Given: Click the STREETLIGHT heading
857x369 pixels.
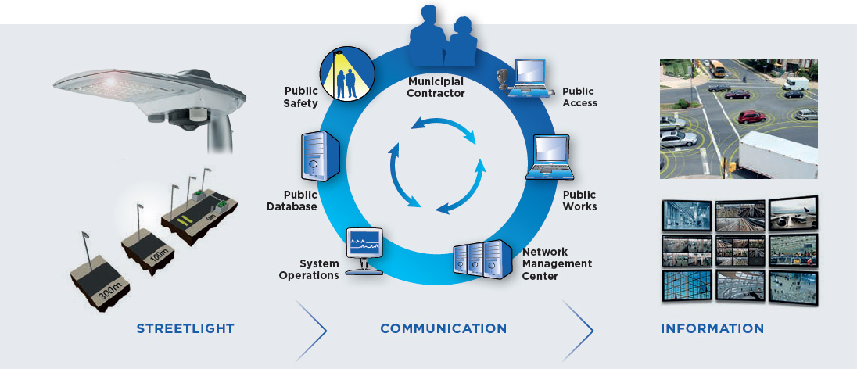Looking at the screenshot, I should click(185, 328).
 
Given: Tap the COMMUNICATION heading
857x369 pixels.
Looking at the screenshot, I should click(443, 328).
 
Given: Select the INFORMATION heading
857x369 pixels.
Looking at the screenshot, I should click(712, 328).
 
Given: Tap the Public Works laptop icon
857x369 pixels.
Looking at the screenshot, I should click(553, 158).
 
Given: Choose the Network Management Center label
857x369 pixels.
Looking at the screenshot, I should click(557, 263).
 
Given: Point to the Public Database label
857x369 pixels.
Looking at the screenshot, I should click(292, 201).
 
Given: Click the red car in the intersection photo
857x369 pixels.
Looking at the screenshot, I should click(751, 117).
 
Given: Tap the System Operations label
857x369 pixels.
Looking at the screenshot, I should click(319, 270).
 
